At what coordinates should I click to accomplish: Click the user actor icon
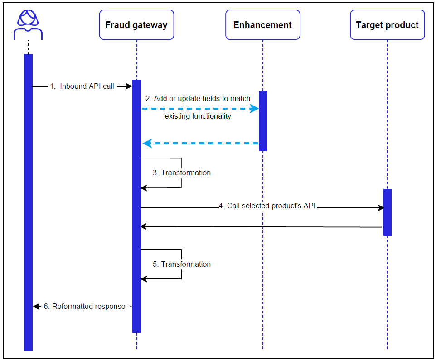[x=28, y=24]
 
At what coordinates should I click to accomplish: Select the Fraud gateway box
[x=136, y=25]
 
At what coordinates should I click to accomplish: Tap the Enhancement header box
[x=262, y=25]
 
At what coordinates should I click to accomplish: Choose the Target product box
[x=387, y=25]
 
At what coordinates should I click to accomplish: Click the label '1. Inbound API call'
[x=82, y=86]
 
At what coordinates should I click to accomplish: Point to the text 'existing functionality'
[x=198, y=116]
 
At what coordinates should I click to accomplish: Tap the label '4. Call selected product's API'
[x=267, y=206]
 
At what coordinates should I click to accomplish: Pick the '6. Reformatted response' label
[x=84, y=307]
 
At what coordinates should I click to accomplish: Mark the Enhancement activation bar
[x=262, y=121]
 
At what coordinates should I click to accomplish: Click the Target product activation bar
[x=387, y=212]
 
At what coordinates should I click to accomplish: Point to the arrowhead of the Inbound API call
[x=128, y=86]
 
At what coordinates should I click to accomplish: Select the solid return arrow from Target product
[x=261, y=226]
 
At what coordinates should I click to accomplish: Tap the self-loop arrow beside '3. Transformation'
[x=181, y=173]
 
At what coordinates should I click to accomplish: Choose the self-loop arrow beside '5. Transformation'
[x=181, y=264]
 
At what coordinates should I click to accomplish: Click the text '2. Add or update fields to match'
[x=198, y=98]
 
